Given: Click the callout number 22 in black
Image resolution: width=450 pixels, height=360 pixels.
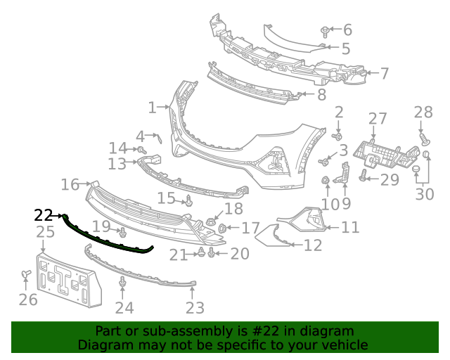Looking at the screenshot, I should [x=43, y=215].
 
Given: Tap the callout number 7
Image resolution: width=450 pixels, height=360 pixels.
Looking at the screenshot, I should [x=385, y=72].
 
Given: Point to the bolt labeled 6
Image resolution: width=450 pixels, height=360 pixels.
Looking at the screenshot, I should [x=325, y=31].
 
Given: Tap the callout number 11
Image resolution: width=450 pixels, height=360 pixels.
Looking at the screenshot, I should [x=351, y=226].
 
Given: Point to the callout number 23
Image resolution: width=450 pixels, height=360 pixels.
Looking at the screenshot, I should [x=195, y=307].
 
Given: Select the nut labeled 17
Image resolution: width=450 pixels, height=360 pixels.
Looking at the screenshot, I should [x=223, y=228].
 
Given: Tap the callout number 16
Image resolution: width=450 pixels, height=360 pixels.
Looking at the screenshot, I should [x=70, y=184].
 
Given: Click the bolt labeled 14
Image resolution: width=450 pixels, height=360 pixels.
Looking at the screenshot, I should [x=141, y=150].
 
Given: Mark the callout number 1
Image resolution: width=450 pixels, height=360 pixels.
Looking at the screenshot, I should [x=152, y=108].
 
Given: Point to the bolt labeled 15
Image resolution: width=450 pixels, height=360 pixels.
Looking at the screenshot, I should [x=188, y=202].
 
